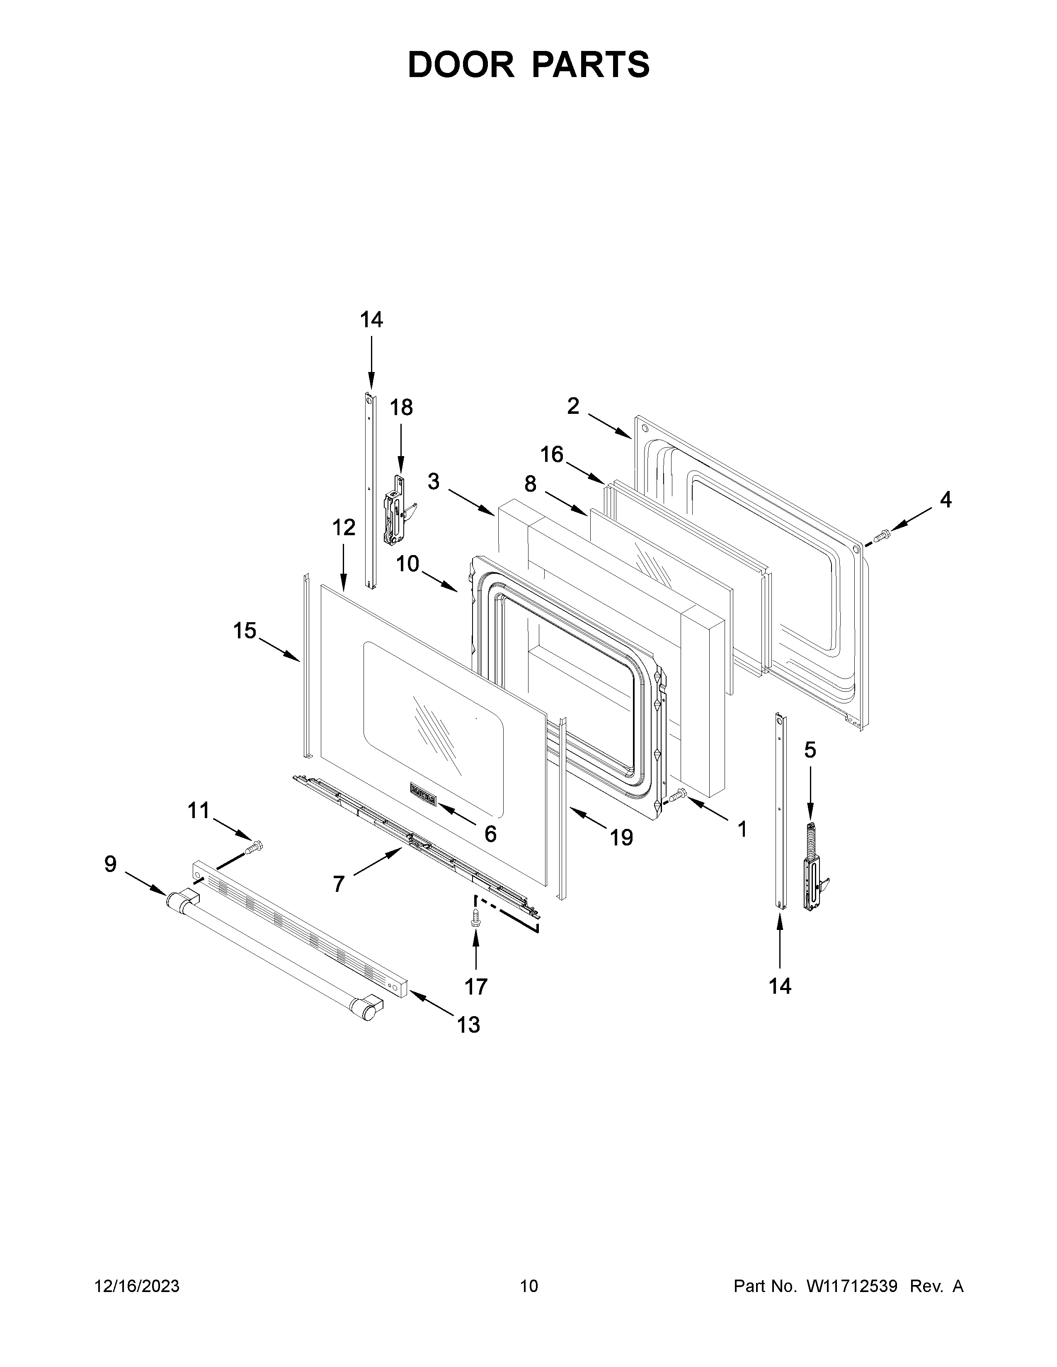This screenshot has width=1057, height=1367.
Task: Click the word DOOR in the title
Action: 460,65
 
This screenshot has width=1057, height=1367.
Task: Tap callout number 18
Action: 401,408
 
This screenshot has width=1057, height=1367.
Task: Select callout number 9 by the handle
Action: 110,865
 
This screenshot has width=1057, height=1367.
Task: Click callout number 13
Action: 468,1024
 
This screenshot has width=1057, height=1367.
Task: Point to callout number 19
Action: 622,838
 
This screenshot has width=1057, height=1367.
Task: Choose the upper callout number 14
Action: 371,320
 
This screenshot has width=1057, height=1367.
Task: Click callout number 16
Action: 552,454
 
